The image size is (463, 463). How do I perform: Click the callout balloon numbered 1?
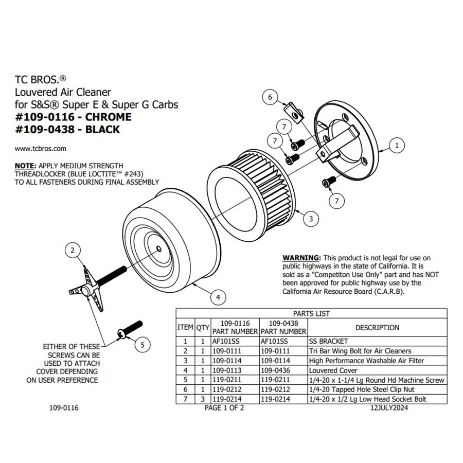click(397, 146)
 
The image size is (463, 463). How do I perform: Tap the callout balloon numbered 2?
click(73, 251)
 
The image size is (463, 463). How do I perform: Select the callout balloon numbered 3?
click(311, 219)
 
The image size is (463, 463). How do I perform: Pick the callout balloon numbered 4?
click(218, 297)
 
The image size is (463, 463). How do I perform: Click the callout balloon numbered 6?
click(270, 96)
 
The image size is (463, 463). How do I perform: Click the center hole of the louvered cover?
click(159, 249)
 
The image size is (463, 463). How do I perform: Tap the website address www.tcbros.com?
click(41, 149)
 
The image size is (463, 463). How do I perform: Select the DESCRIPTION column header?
click(377, 328)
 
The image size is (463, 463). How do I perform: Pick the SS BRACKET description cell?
click(328, 341)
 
